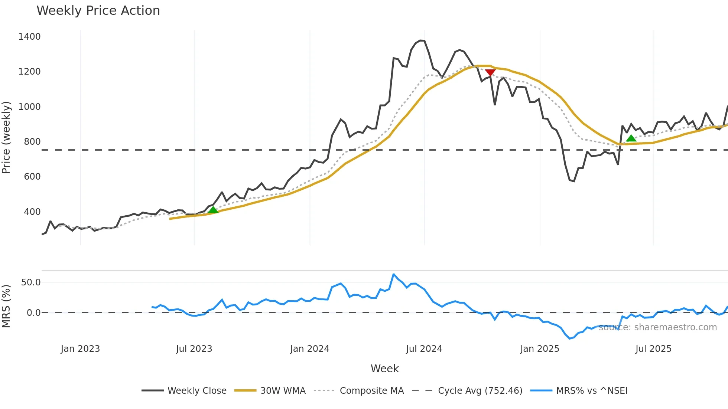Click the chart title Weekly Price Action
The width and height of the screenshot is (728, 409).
tap(98, 11)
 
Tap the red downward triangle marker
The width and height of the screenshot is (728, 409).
tap(490, 72)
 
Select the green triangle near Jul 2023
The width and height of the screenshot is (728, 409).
tap(213, 210)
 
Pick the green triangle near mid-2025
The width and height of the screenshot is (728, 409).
tap(631, 138)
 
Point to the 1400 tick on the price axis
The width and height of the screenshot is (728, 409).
tap(29, 37)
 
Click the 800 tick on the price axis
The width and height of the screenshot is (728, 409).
tap(32, 142)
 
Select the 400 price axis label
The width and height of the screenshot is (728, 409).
tap(32, 212)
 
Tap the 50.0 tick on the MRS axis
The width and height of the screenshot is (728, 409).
tap(31, 282)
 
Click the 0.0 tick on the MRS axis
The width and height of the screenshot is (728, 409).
tap(33, 313)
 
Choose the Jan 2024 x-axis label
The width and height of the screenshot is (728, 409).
tap(309, 349)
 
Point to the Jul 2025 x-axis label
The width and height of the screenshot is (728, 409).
tap(653, 349)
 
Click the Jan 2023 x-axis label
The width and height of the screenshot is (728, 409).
tap(80, 349)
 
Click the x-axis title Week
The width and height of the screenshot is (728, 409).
tap(384, 369)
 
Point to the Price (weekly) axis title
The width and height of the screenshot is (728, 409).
tap(6, 137)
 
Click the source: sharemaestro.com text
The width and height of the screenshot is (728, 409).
tap(658, 327)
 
